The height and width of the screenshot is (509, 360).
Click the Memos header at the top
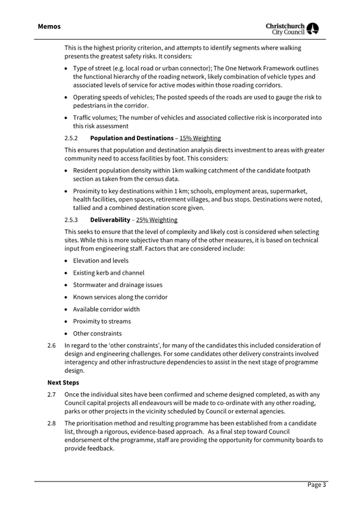pos(49,26)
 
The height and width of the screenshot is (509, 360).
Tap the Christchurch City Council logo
pos(292,28)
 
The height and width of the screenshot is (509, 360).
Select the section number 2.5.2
pos(71,138)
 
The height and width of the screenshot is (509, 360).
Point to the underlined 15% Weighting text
pos(200,138)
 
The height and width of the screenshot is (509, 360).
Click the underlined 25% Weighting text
pos(157,220)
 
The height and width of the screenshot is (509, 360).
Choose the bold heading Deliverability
pos(110,220)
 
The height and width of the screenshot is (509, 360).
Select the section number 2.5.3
pos(71,220)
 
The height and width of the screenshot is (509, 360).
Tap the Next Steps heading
pos(63,383)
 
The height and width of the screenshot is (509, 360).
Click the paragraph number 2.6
pos(52,345)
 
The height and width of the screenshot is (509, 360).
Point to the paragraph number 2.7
pos(52,394)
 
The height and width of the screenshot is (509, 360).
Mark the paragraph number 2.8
pos(52,423)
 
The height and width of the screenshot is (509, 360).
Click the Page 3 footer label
pos(316,484)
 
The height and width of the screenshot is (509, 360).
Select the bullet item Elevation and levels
pos(101,260)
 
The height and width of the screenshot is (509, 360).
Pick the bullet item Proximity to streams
pos(102,321)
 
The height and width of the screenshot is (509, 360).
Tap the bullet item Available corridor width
pos(107,309)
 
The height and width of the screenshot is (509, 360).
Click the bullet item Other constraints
pos(97,333)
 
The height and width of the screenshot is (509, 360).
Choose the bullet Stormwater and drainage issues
pos(118,285)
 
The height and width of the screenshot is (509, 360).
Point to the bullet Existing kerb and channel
pos(109,273)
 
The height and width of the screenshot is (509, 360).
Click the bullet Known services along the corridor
pos(120,297)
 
